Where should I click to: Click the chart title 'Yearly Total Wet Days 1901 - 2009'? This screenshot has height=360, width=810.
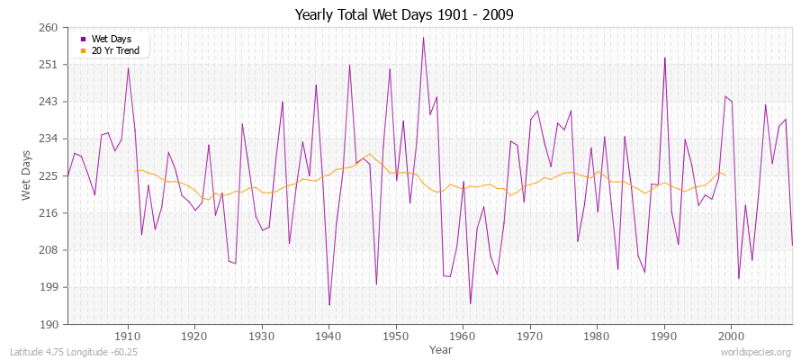[404, 15]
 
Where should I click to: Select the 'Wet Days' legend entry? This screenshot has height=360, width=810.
[111, 40]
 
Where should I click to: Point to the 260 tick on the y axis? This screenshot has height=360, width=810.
[49, 28]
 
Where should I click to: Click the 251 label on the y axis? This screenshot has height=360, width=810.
[49, 65]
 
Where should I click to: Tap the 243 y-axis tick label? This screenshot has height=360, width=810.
[49, 102]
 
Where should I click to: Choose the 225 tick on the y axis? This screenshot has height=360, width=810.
[49, 175]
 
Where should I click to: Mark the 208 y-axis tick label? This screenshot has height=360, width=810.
[49, 249]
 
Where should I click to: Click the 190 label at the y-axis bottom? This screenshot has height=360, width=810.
[49, 324]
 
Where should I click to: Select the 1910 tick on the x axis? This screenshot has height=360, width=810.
[128, 336]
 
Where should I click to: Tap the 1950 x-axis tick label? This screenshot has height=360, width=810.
[396, 336]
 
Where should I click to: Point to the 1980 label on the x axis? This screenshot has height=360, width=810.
[597, 336]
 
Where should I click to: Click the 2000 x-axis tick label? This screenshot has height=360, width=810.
[731, 336]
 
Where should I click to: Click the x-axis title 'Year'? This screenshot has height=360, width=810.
[441, 348]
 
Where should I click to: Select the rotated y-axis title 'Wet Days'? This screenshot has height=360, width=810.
[27, 176]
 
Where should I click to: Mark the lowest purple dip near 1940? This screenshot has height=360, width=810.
[329, 305]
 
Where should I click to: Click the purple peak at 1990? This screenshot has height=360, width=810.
[664, 58]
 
